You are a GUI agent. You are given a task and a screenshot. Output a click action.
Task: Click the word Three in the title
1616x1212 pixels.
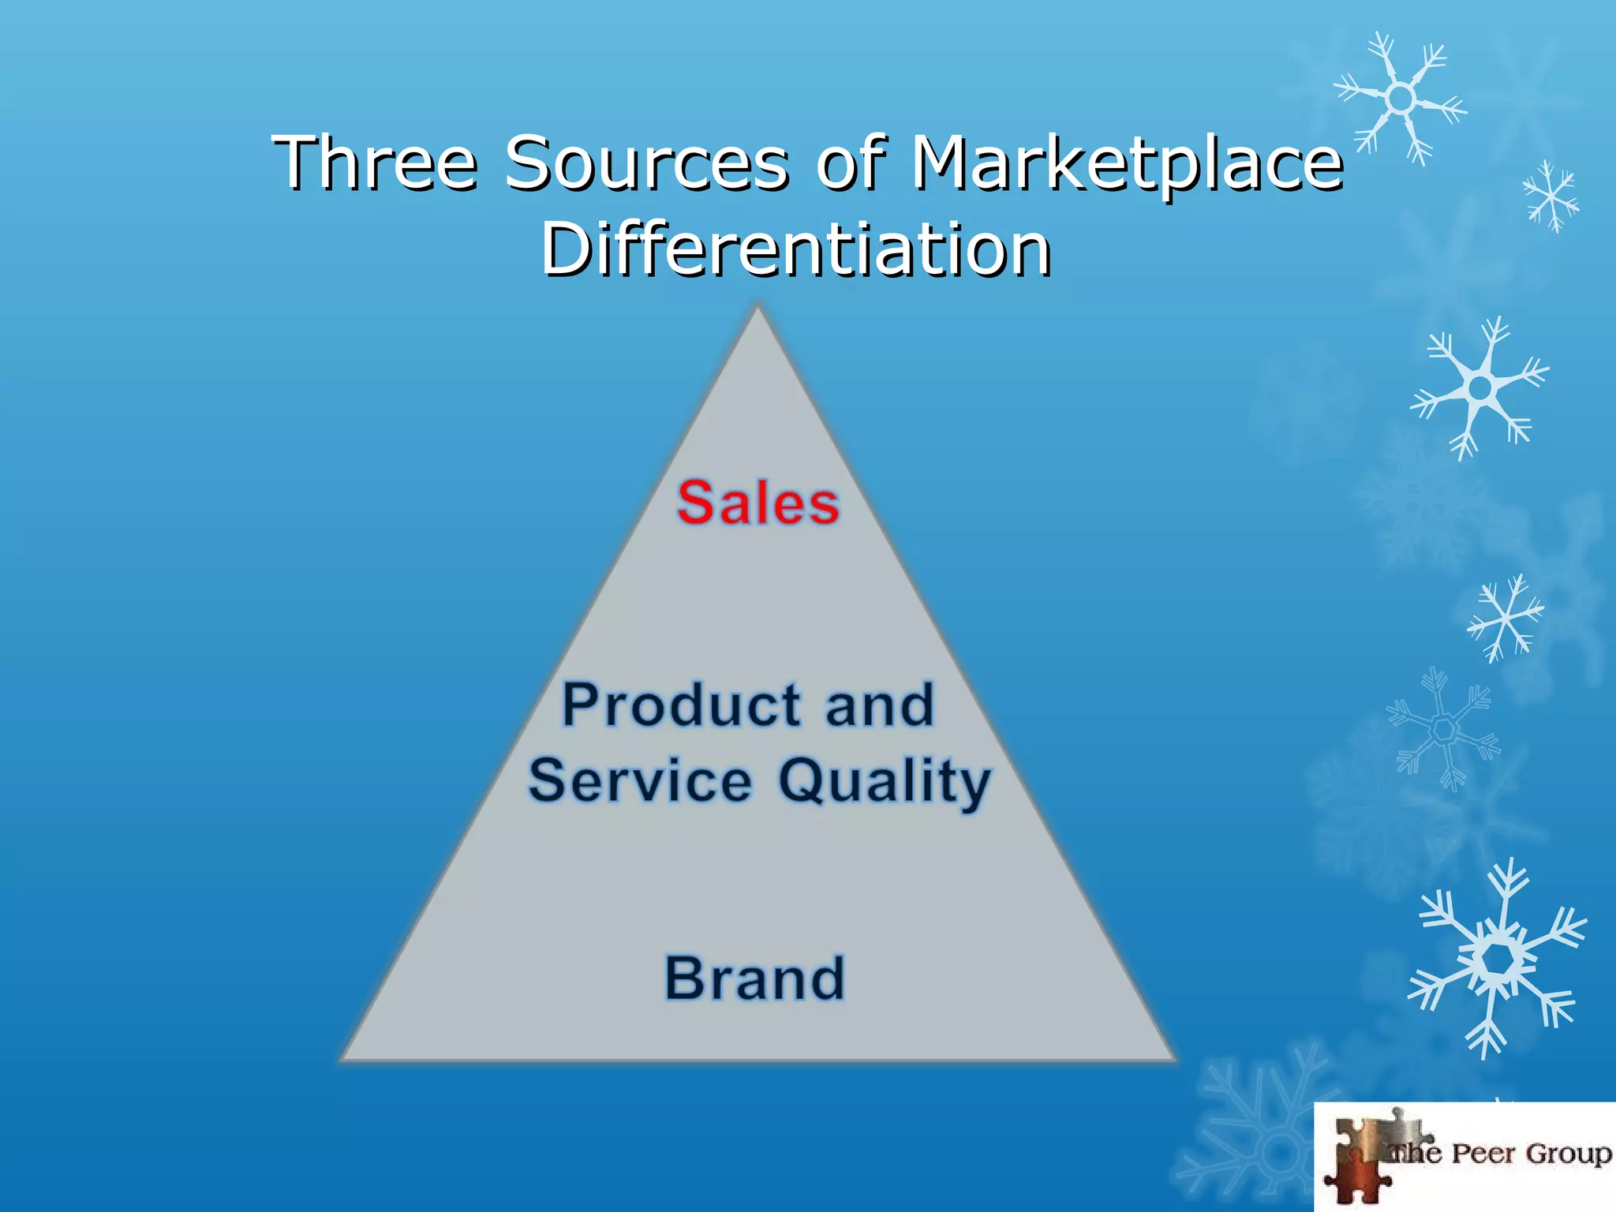click(x=376, y=163)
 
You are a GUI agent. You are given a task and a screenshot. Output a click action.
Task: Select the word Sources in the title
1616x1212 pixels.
click(x=646, y=163)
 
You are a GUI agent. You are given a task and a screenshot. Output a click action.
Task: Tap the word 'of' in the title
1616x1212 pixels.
click(x=851, y=163)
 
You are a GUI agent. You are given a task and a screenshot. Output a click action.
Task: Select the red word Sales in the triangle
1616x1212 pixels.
click(x=757, y=503)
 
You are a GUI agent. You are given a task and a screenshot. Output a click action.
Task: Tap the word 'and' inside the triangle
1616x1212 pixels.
click(x=880, y=705)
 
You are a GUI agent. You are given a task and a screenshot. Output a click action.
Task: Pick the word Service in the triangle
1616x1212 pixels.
click(x=640, y=780)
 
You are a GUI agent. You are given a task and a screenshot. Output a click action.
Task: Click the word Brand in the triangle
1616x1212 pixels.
click(x=755, y=978)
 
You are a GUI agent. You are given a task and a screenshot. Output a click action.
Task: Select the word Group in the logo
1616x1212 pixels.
click(x=1568, y=1154)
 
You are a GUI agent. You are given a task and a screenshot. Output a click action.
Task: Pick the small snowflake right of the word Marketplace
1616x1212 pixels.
click(x=1551, y=196)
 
